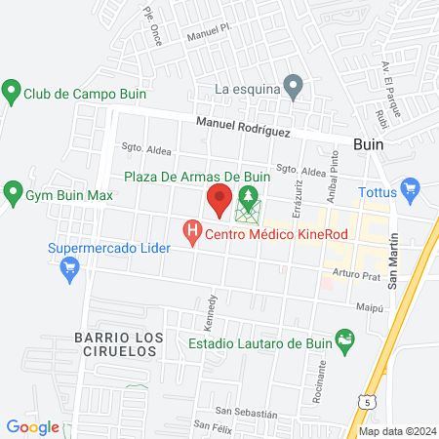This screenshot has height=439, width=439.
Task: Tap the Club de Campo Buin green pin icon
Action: coord(12,94)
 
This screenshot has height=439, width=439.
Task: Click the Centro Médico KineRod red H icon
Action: coord(193,232)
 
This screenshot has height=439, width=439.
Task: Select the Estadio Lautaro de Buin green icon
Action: coord(343,341)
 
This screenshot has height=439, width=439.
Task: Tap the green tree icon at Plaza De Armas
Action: coord(249,199)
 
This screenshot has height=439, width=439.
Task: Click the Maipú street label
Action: coord(370,306)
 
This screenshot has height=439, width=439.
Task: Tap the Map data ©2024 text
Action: coord(396,431)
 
